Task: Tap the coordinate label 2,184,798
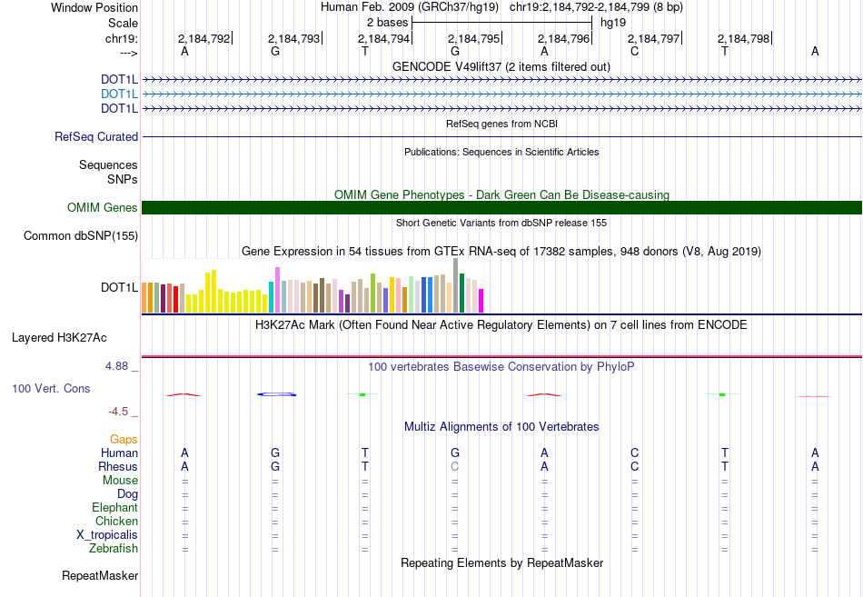pos(743,38)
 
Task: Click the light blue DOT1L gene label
pos(119,94)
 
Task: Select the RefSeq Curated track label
pos(96,137)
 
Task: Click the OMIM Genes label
pos(103,208)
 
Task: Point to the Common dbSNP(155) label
pos(80,236)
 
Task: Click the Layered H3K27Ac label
pos(59,337)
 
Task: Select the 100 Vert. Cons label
pos(51,388)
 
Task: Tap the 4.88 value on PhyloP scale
pos(117,366)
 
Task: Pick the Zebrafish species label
pos(114,549)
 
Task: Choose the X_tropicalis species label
pos(107,535)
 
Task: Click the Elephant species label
pos(114,508)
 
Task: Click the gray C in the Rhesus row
pos(455,466)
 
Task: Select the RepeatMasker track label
pos(100,576)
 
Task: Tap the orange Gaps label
pos(124,439)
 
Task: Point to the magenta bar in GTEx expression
pos(481,300)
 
